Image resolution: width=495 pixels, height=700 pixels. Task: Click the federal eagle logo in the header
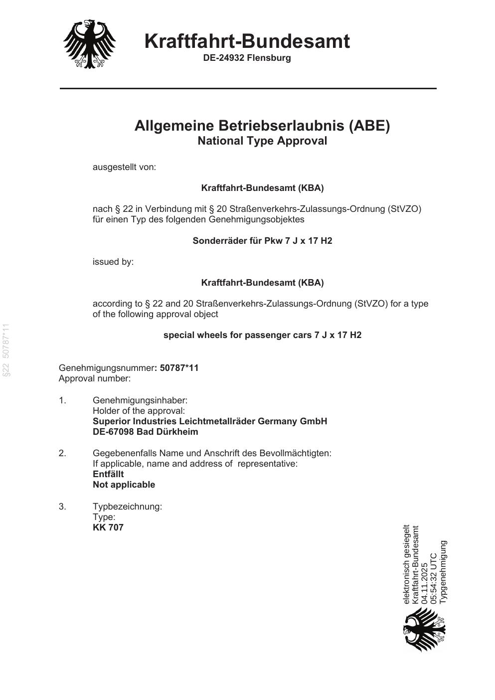(90, 44)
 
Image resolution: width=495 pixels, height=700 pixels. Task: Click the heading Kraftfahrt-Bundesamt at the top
(247, 41)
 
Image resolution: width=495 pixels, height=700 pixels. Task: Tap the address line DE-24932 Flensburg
(247, 58)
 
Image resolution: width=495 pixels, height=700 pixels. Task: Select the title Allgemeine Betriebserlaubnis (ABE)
(262, 126)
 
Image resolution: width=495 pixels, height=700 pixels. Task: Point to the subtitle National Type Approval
(262, 141)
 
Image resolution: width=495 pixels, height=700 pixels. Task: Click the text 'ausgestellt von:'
(124, 167)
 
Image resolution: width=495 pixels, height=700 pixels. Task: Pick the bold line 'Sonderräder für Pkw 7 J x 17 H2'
(262, 241)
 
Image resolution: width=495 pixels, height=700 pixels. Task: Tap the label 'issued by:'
(113, 262)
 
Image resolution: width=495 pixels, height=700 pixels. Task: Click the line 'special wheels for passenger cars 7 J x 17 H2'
(262, 335)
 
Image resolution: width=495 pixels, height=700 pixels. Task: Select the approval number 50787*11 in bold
(179, 368)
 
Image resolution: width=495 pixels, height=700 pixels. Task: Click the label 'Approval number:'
(95, 378)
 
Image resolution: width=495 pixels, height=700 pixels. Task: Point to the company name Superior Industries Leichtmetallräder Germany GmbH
(210, 421)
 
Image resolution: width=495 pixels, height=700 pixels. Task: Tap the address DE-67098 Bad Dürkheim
(145, 432)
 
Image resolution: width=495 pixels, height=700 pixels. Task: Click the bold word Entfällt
(108, 474)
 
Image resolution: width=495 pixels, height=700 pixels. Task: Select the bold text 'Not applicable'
(124, 485)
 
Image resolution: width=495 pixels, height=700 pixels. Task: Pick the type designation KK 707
(108, 527)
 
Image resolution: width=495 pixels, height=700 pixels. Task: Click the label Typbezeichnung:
(127, 507)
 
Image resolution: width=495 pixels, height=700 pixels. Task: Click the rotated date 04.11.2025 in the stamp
(425, 583)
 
